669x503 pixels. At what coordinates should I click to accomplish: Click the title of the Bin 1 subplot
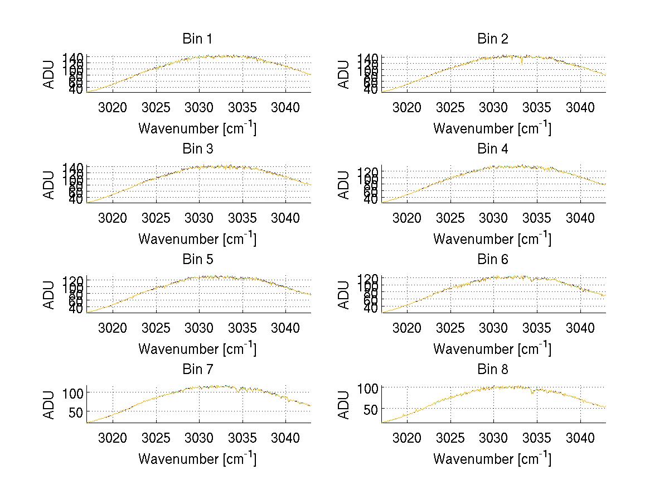point(197,39)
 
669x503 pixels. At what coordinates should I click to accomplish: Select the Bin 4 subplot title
point(492,149)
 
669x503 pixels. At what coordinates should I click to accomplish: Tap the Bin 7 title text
point(197,370)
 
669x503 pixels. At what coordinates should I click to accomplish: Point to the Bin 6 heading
point(492,260)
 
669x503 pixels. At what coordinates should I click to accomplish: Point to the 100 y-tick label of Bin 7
point(75,392)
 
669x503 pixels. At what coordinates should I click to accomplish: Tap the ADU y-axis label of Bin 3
point(50,184)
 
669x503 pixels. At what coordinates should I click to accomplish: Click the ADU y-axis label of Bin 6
point(344,294)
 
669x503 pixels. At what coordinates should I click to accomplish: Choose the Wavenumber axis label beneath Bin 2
point(492,128)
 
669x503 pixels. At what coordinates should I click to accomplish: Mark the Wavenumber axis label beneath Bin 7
point(197,458)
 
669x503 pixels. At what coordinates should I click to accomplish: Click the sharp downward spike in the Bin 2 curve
point(522,62)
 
